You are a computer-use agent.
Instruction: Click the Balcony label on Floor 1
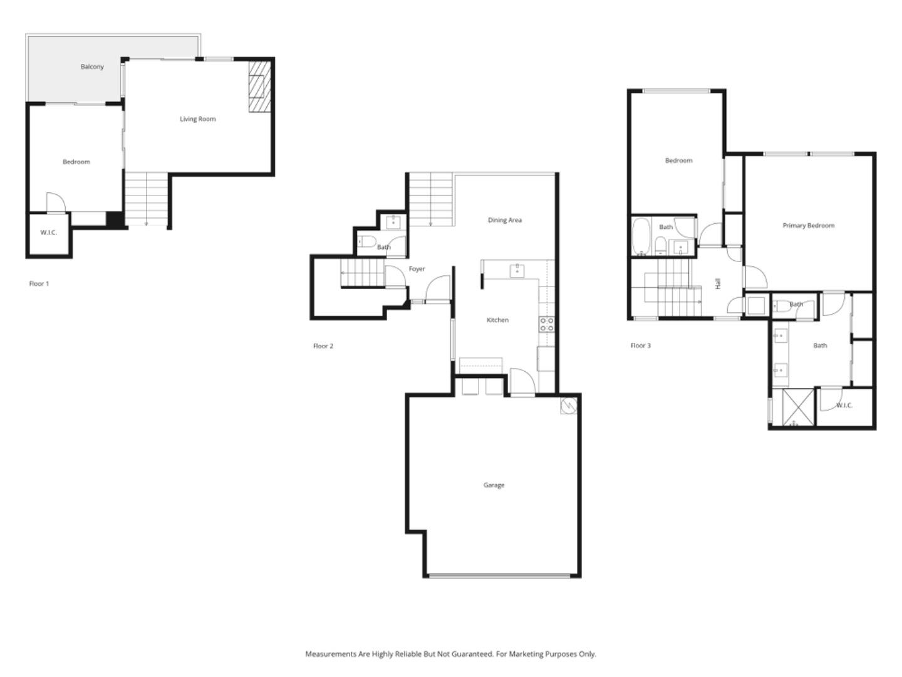(x=92, y=66)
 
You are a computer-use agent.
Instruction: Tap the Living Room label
(x=197, y=119)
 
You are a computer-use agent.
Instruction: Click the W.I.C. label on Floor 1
(x=48, y=233)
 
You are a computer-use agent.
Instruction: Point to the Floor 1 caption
(x=39, y=284)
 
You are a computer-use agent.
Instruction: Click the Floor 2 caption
(x=323, y=346)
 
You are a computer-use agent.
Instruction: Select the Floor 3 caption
(x=640, y=345)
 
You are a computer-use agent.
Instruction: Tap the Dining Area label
(x=504, y=220)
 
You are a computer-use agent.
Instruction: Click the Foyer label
(x=417, y=269)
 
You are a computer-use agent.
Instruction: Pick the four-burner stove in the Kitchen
(x=546, y=324)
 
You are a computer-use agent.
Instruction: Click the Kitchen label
(x=497, y=320)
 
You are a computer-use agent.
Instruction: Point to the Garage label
(x=494, y=485)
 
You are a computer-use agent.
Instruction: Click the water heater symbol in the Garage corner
(x=569, y=406)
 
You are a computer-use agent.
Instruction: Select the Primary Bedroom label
(x=808, y=226)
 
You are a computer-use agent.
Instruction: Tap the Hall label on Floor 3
(x=718, y=283)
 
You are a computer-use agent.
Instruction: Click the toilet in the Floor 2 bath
(x=368, y=241)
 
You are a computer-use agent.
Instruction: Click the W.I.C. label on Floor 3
(x=844, y=406)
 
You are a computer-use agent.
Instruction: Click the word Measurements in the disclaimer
(x=330, y=654)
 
